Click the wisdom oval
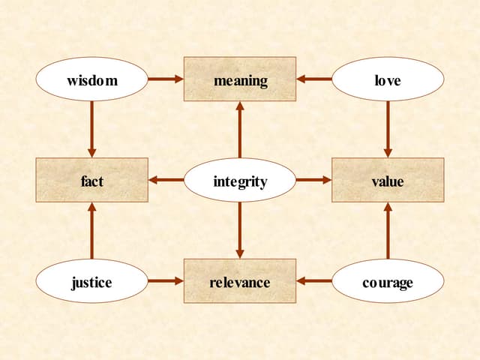point(91,79)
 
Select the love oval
point(388,79)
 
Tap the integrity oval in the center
point(240,180)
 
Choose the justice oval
point(91,281)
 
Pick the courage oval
point(388,281)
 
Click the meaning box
point(240,79)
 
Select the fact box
point(91,180)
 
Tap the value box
point(388,180)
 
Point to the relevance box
point(240,281)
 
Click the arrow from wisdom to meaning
point(166,79)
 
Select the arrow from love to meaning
point(314,79)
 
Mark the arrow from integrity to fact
point(166,180)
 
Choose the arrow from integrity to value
point(314,180)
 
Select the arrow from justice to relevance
point(166,281)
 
